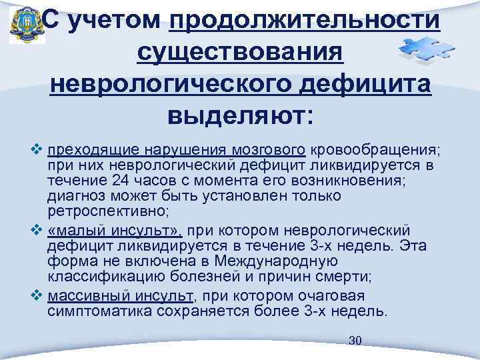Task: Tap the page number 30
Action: pyautogui.click(x=355, y=341)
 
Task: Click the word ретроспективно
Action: pyautogui.click(x=107, y=211)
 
